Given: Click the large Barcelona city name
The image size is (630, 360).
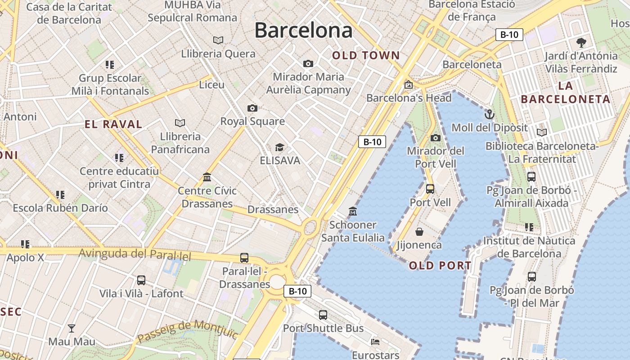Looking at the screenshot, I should (x=303, y=30).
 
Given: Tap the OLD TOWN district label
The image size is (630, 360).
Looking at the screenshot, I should (x=366, y=55).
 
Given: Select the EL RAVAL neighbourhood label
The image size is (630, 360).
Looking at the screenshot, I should (x=113, y=124).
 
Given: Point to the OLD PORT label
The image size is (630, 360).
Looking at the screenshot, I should (x=440, y=265).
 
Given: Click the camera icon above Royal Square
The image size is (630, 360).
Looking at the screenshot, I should (x=252, y=108).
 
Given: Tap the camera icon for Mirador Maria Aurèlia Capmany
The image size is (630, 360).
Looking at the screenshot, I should (x=308, y=63).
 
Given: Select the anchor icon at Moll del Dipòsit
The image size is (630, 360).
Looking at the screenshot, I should (x=490, y=114).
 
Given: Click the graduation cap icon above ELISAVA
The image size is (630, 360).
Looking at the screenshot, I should (x=279, y=147).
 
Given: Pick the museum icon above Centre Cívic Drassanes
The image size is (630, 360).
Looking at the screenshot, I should (x=207, y=177).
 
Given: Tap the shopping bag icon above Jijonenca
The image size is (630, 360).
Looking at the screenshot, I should (x=419, y=232).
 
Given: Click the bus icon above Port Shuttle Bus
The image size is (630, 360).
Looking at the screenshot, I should (x=323, y=315).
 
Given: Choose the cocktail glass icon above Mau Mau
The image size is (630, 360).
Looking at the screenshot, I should (x=72, y=328).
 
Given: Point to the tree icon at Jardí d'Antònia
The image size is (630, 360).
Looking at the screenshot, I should (x=581, y=43).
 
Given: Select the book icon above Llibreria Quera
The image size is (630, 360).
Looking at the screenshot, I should (x=218, y=40).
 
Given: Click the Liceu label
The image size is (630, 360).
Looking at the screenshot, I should (x=211, y=85).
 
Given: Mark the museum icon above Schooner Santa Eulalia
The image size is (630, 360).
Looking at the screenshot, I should (x=353, y=211).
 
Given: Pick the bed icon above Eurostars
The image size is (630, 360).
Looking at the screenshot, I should (x=375, y=342).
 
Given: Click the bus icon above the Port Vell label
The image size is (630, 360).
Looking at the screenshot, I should (x=430, y=189).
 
